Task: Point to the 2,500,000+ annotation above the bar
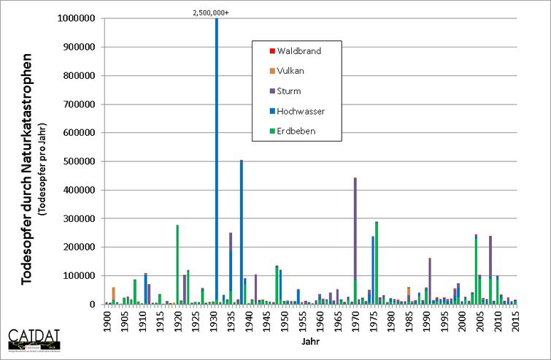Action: (x=217, y=12)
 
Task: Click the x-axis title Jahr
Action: (x=311, y=340)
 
